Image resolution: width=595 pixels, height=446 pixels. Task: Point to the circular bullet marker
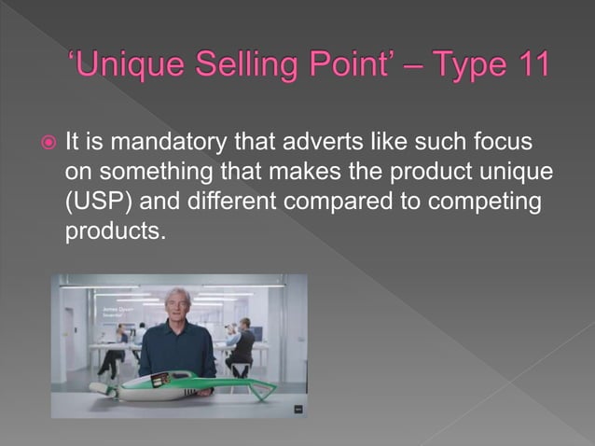45,145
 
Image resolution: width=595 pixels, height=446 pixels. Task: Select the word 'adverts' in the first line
307,145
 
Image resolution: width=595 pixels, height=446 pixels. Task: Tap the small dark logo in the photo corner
297,407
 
